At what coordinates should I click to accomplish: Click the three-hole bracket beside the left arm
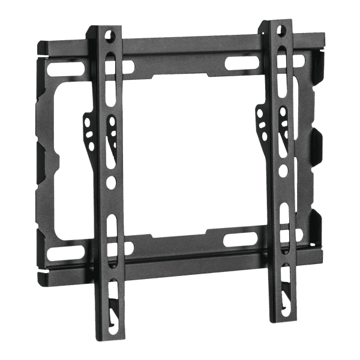89,129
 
